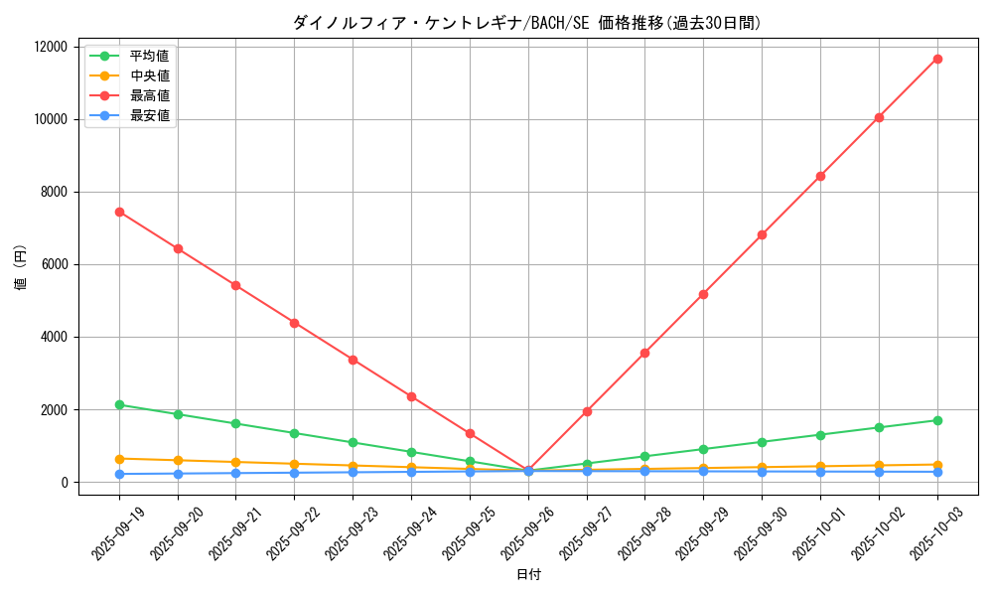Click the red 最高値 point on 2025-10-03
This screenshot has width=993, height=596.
click(937, 59)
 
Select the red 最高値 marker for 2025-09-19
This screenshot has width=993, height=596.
click(119, 212)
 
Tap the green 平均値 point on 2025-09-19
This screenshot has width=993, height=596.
click(119, 404)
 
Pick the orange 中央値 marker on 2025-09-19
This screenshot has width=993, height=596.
click(119, 459)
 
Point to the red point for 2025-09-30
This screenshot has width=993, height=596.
click(762, 234)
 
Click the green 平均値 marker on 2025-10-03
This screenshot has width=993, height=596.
click(937, 420)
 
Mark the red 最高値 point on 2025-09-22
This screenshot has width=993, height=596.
click(294, 323)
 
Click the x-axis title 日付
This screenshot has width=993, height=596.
click(528, 575)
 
